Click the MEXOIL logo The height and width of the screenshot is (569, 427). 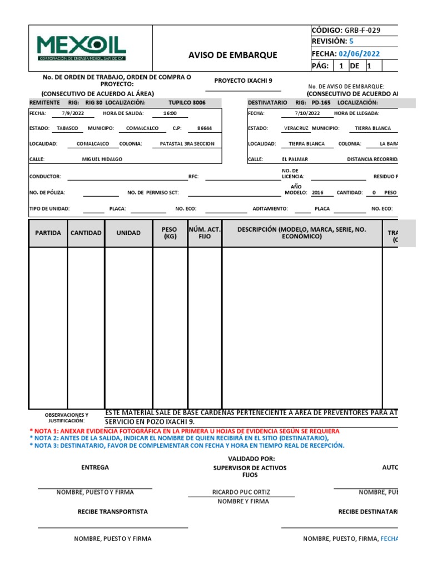82,48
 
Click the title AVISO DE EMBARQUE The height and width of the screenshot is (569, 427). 232,55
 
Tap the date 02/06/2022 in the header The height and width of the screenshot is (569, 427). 360,54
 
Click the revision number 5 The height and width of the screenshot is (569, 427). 351,42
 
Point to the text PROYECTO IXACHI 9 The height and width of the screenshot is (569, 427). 244,81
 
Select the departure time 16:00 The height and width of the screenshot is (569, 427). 170,113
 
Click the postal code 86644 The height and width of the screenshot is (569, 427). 204,128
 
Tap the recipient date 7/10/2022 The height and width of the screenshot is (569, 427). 307,113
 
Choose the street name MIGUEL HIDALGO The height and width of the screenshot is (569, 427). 102,159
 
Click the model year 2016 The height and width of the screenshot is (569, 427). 317,192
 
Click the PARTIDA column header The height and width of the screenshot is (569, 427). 48,233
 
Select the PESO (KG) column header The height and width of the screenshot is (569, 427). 170,233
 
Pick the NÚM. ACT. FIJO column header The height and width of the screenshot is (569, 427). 205,233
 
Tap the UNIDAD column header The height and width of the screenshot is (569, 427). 128,233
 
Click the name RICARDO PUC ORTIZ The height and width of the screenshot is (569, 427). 242,492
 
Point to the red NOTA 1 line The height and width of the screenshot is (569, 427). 184,431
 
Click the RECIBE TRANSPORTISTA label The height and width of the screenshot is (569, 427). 113,511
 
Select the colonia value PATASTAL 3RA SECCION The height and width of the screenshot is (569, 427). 187,143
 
